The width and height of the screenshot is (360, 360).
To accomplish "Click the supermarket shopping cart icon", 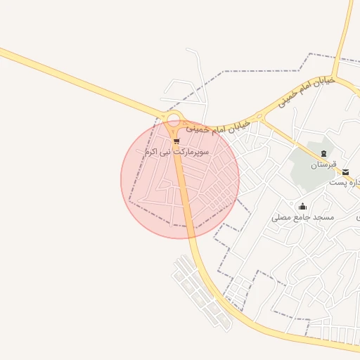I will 176,141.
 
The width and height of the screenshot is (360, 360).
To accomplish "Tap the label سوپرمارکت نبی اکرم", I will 176,152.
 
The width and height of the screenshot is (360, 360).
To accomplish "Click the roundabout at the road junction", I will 174,119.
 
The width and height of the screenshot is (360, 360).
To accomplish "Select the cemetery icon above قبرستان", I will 323,153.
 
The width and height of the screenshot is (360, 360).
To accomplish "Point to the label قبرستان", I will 323,165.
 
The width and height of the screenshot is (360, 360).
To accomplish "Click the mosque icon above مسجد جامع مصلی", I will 303,206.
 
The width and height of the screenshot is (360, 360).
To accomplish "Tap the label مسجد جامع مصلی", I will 303,218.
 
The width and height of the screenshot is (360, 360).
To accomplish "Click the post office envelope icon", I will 345,172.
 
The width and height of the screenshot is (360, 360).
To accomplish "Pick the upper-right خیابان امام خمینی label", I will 305,94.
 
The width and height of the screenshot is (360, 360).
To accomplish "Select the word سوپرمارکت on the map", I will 193,152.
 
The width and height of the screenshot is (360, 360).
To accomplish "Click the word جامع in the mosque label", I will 302,218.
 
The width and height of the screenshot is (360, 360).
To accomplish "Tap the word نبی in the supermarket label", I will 168,152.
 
